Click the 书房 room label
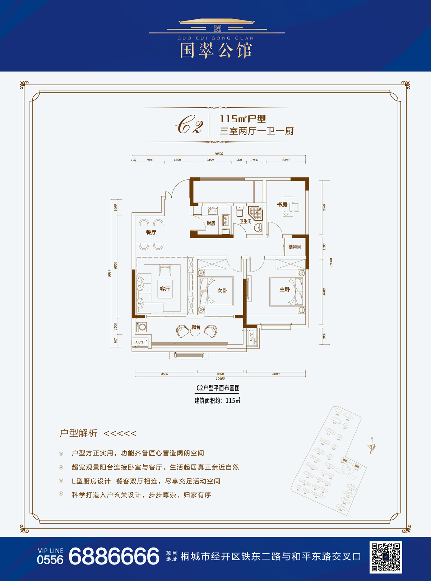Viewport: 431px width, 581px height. pos(282,204)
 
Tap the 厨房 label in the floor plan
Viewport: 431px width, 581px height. pos(211,223)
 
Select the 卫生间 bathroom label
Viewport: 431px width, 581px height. pos(245,221)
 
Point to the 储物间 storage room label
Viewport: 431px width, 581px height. pos(295,247)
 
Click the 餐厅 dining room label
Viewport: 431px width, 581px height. pos(151,232)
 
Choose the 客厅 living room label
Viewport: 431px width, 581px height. pos(164,289)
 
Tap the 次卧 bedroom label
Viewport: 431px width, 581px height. pos(222,290)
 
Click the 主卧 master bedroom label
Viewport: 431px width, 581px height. pos(284,289)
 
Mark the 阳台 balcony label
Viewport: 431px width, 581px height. pos(196,327)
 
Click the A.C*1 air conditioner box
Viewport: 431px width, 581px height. pos(139,342)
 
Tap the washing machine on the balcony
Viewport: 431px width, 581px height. pos(142,327)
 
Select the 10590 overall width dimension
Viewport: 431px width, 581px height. pos(218,154)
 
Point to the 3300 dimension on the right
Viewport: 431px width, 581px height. pos(324,207)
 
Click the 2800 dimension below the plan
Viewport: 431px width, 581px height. pos(220,374)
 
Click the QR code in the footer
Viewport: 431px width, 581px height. pos(386,557)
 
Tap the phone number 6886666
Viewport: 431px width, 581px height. pos(114,557)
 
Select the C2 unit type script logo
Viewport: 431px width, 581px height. pos(189,125)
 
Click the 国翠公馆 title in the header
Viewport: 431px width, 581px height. pos(216,50)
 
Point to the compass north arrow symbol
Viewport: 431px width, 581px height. pos(372,447)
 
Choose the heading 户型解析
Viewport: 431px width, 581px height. pos(78,433)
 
